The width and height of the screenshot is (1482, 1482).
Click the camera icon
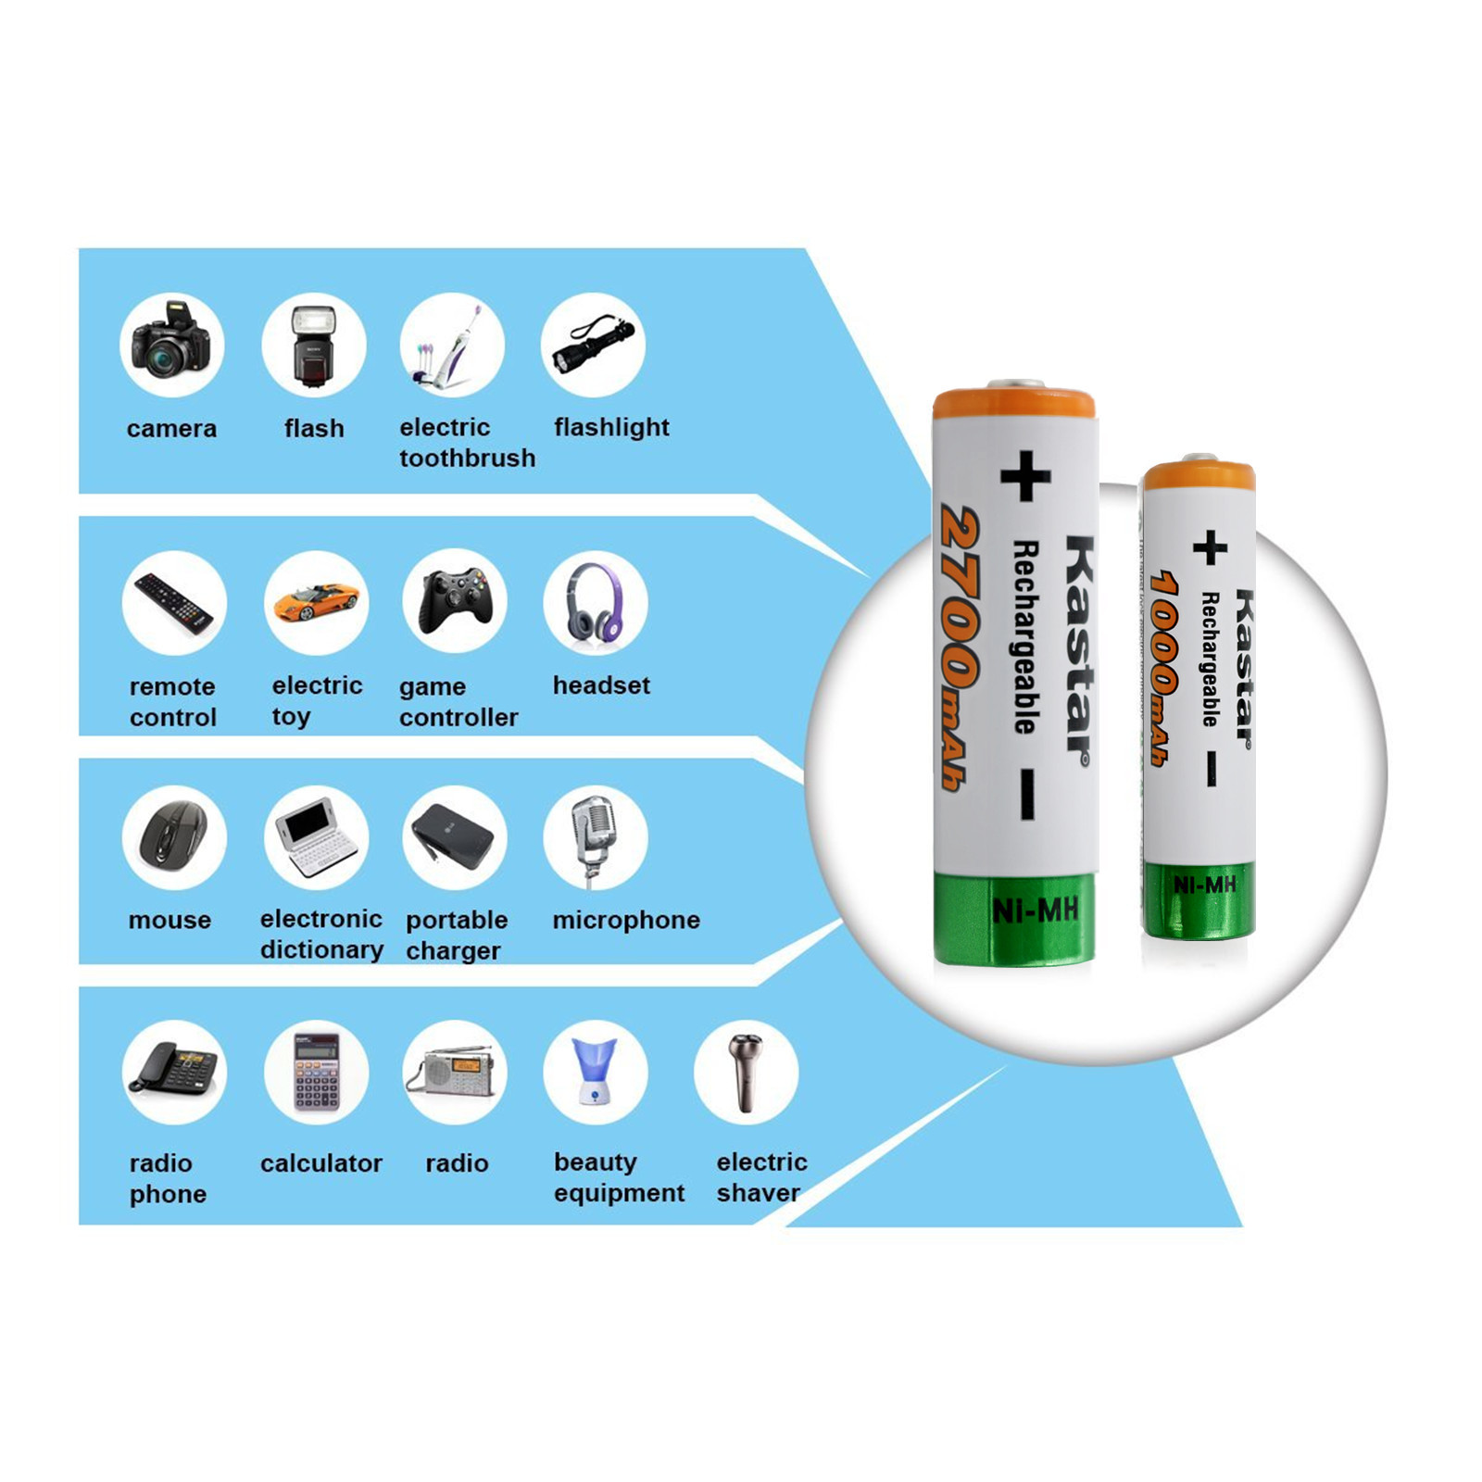tap(172, 345)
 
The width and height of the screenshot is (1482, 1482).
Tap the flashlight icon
tap(593, 345)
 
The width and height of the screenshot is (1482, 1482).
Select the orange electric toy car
tap(316, 602)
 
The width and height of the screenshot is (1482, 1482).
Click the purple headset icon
tap(595, 602)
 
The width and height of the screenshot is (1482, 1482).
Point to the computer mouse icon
tap(174, 835)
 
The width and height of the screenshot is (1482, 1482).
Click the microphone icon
tap(594, 835)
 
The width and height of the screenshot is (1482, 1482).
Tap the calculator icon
tap(317, 1072)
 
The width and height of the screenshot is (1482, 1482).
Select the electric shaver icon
tap(746, 1072)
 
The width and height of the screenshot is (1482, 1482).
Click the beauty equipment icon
tap(595, 1072)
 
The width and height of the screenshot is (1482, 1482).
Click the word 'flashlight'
tap(611, 427)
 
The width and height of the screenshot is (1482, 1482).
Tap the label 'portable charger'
tap(456, 935)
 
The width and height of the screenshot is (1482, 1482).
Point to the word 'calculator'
tap(320, 1163)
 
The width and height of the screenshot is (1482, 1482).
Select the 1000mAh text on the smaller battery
tap(1163, 667)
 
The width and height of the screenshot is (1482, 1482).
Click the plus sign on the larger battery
tap(1025, 476)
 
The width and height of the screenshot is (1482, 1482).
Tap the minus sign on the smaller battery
tap(1212, 768)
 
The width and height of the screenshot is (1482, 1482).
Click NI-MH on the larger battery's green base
tap(1036, 911)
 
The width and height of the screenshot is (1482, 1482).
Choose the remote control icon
tap(174, 602)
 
